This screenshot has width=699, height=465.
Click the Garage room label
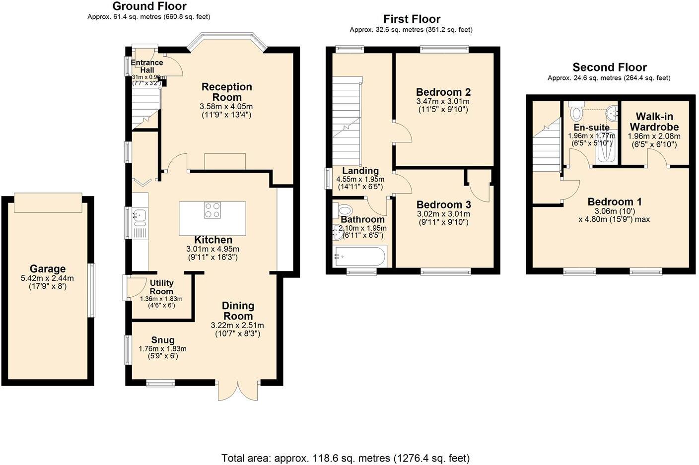click(x=48, y=269)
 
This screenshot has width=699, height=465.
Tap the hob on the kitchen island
click(x=212, y=210)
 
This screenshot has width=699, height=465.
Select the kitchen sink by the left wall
click(x=140, y=215)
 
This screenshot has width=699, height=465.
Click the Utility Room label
click(x=161, y=287)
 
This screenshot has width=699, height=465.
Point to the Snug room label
click(x=163, y=340)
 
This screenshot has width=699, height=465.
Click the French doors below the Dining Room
click(x=238, y=391)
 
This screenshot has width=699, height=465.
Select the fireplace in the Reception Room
click(x=225, y=162)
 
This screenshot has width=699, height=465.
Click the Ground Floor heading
click(x=149, y=6)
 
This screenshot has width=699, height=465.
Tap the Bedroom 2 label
click(x=443, y=92)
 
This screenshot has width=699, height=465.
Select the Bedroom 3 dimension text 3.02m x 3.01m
click(x=443, y=214)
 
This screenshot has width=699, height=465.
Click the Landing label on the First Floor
click(x=360, y=171)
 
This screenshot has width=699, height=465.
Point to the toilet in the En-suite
click(x=576, y=113)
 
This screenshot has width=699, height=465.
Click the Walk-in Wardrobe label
click(x=654, y=122)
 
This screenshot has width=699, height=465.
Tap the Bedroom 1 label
click(x=614, y=201)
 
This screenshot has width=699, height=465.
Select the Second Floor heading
click(x=609, y=67)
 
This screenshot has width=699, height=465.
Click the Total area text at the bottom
click(x=345, y=458)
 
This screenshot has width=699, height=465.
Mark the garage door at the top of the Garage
click(x=48, y=202)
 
